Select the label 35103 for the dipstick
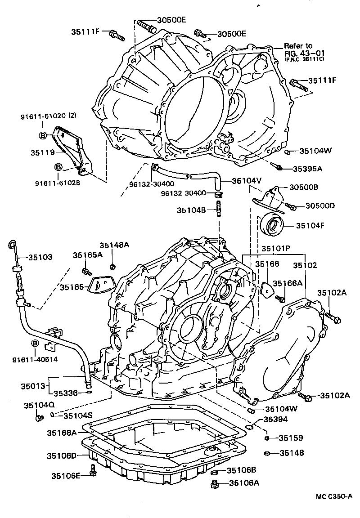[x=40, y=257]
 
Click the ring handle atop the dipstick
[x=12, y=244]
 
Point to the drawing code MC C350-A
[x=333, y=496]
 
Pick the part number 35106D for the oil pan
[x=62, y=455]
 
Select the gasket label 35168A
[x=62, y=433]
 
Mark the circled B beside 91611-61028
[x=58, y=167]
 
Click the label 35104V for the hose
[x=247, y=181]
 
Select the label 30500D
[x=320, y=205]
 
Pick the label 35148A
[x=114, y=245]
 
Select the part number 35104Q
[x=39, y=405]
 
